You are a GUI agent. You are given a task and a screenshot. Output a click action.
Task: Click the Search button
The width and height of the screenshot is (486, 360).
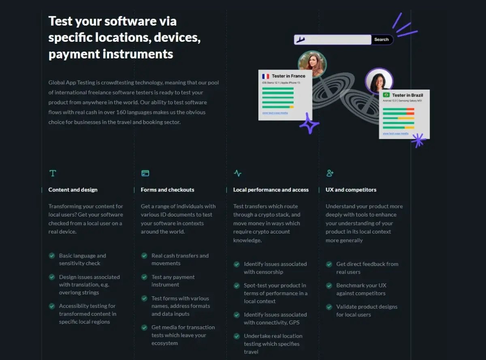(382, 40)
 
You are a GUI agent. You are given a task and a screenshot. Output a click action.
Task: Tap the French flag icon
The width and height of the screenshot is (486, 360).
(266, 76)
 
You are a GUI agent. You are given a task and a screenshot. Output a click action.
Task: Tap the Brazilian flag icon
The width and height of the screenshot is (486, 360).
(386, 95)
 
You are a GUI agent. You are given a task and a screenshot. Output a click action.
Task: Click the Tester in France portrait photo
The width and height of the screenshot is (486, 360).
(312, 64)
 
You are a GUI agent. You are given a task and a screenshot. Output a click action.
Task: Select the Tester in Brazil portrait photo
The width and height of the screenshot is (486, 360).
(379, 81)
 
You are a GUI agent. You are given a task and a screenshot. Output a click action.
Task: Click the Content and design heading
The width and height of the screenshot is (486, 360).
(73, 190)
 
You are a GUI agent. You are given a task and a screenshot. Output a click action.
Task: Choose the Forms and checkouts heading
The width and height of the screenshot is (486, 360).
(167, 190)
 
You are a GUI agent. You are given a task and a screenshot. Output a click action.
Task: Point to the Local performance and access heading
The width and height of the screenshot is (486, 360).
(271, 190)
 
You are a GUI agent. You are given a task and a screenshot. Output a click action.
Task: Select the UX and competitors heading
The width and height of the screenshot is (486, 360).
(351, 190)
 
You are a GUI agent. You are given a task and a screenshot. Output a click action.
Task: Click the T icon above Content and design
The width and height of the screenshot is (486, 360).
(53, 174)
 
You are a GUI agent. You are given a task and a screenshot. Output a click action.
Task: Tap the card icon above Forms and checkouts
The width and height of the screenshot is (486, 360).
(145, 174)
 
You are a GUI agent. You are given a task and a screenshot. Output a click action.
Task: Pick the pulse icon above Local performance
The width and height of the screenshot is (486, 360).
(238, 174)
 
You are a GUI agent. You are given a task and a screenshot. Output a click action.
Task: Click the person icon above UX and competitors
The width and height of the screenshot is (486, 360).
(330, 174)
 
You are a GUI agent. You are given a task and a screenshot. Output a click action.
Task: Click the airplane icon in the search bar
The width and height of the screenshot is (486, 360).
(300, 40)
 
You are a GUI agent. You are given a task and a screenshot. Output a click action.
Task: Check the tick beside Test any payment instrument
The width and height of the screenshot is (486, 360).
(144, 277)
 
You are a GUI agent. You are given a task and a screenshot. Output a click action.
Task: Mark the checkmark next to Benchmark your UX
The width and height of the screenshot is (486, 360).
(329, 285)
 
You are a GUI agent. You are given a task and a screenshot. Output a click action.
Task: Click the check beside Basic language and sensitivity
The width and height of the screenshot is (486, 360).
(52, 256)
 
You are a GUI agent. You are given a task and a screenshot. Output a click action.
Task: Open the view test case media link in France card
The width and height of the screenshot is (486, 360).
(275, 113)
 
